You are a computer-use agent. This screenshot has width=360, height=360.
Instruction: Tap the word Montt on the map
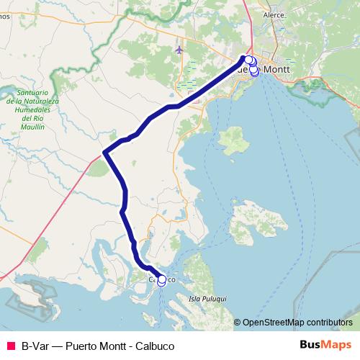[x=277, y=69]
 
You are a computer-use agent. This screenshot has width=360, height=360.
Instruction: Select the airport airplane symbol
[x=179, y=50]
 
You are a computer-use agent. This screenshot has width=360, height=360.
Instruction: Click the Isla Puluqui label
[x=207, y=297]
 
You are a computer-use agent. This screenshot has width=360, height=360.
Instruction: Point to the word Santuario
[x=32, y=94]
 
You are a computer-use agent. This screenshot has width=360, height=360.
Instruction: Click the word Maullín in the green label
[x=32, y=126]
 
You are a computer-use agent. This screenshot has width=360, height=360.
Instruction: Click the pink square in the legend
[x=11, y=346]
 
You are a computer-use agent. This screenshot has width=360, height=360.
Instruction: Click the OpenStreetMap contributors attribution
[x=297, y=322]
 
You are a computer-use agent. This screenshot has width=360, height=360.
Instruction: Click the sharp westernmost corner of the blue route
[x=105, y=153]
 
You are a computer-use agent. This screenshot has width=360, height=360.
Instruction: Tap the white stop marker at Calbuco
[x=161, y=280]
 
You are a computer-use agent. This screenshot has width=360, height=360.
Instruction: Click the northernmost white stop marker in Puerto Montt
[x=248, y=60]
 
